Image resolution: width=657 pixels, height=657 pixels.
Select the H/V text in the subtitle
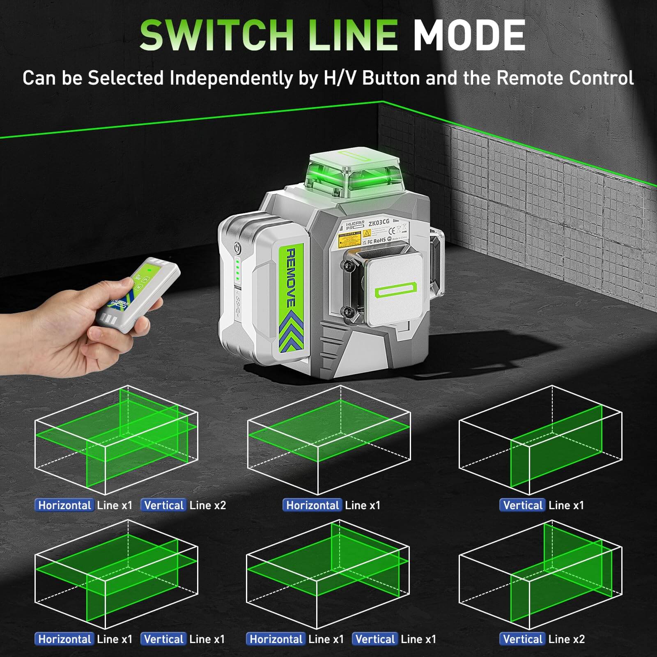point(340,78)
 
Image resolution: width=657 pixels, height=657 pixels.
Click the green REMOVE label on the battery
point(290,277)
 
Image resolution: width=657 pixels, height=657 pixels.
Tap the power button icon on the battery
point(237,248)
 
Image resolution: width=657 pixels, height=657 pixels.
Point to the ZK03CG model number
point(379,223)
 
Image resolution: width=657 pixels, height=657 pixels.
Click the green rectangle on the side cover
point(395,291)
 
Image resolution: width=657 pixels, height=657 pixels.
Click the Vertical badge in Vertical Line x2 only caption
point(522,639)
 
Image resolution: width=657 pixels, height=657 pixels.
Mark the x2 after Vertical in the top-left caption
point(219,505)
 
